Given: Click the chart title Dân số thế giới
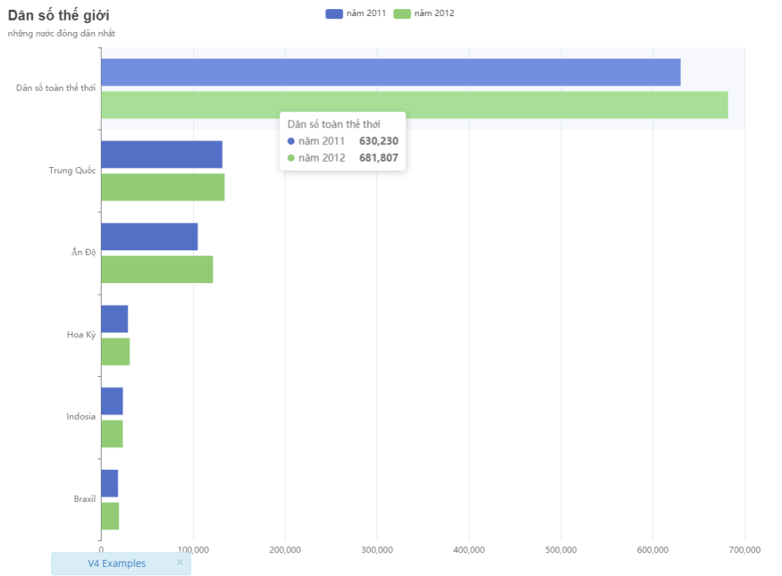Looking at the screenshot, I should [59, 15].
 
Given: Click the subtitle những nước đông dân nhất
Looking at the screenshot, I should [62, 34].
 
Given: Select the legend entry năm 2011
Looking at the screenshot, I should [355, 13].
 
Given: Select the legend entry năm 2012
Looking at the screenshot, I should [424, 13].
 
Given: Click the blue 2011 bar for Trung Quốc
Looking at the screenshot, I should [161, 155].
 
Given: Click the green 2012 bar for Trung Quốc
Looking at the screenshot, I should [163, 188].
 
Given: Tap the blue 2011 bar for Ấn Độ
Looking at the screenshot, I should [149, 237].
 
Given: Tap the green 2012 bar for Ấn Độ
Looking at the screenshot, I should [157, 269].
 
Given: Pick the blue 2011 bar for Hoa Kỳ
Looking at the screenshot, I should [115, 319].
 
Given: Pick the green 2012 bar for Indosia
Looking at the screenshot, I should [111, 434].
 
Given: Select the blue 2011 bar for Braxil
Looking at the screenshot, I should [109, 484].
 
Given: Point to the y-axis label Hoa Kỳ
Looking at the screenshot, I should [81, 334].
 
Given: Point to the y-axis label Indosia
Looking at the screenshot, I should [81, 417].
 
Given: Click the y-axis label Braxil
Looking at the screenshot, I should [85, 499].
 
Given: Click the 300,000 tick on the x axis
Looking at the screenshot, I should [377, 549].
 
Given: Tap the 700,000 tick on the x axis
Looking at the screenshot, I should [745, 549].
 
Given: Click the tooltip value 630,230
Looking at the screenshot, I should [379, 141].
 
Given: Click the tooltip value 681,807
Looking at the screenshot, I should [379, 158].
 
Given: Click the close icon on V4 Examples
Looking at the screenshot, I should [179, 562].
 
